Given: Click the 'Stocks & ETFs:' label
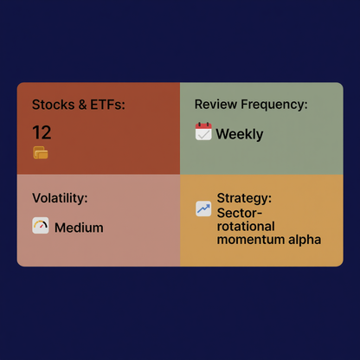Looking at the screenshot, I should pos(79,105).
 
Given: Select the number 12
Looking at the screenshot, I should pos(42,132).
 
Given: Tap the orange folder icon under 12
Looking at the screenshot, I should pos(40,153).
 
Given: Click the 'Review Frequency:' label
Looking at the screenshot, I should pos(251,105).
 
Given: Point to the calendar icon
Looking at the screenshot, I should pos(203,132).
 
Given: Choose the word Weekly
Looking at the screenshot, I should pos(240,134).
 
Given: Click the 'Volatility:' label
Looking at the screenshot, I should pos(60,198).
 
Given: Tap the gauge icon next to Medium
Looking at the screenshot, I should pos(41,227).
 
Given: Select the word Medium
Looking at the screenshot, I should pos(79,228).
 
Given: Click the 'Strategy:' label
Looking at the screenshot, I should pos(244,198).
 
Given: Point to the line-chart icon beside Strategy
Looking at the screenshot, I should pos(203,209).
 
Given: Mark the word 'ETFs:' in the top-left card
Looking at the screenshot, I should pos(107,105).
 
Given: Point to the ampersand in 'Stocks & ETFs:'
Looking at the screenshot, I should pos(80,105).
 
